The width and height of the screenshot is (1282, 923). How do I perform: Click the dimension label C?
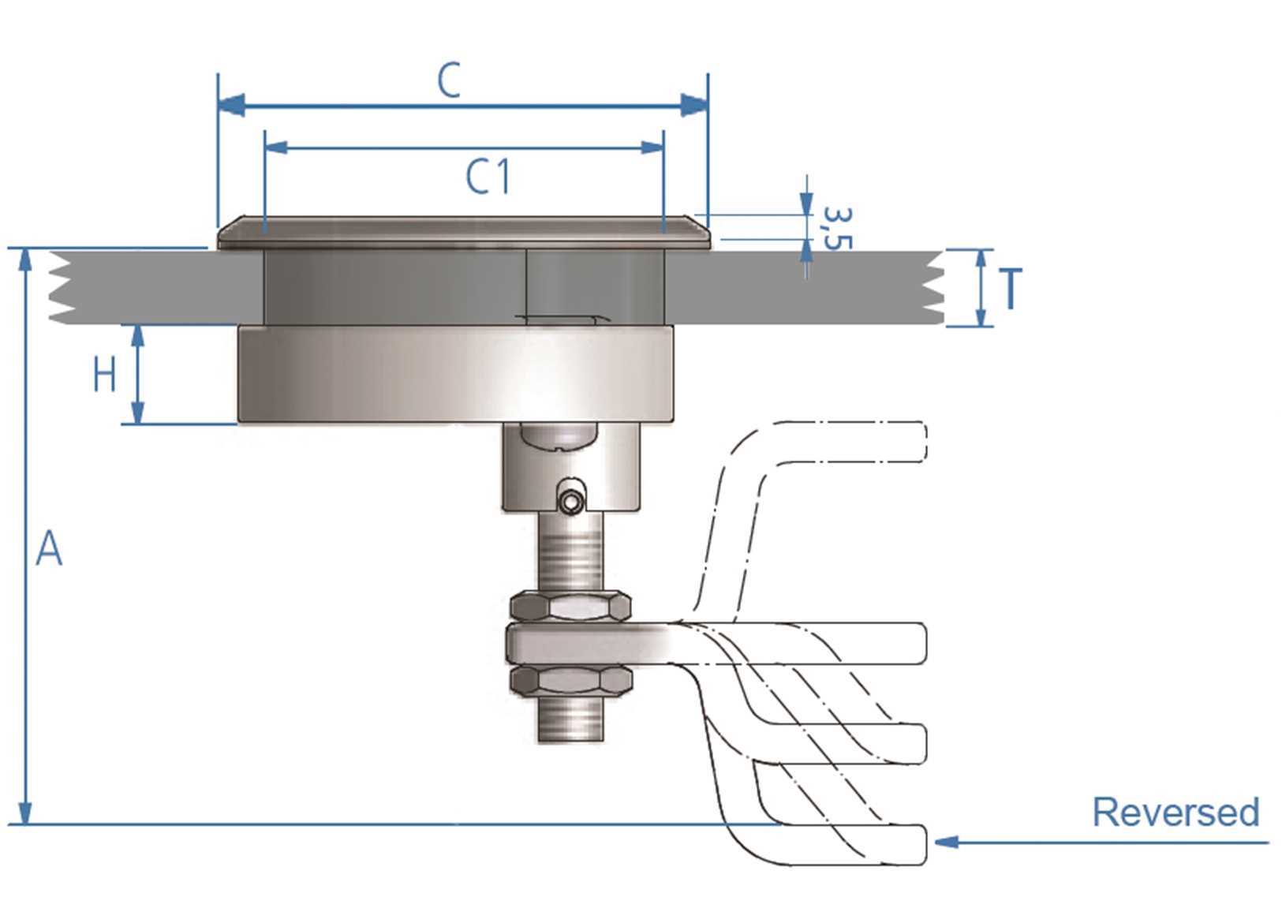point(448,81)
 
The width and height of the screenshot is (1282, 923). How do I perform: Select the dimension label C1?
point(488,177)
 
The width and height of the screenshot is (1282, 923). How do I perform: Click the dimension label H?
point(104,375)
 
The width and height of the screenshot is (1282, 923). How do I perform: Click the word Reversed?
point(1175,812)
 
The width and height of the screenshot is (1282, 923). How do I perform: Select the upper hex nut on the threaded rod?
point(570,607)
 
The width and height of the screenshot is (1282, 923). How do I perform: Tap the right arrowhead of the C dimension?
point(694,105)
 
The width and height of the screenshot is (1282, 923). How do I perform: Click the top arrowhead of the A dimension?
point(26,259)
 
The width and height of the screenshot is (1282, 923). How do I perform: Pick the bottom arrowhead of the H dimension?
point(137,413)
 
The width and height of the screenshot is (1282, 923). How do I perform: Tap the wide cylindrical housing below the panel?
point(456,375)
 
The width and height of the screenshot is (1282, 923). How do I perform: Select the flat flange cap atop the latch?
point(464,233)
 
